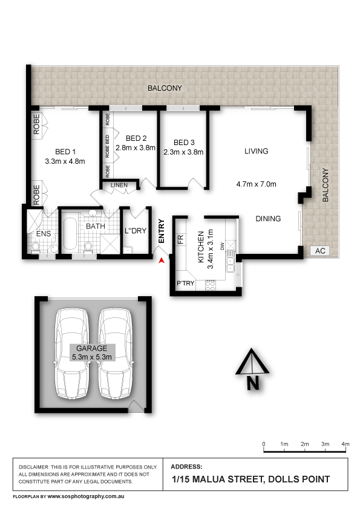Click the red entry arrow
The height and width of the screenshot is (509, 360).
tap(162, 260)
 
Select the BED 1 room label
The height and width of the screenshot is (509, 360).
tap(65, 152)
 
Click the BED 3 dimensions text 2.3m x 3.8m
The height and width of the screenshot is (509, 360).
tap(183, 152)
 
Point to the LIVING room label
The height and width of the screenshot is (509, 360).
tap(256, 151)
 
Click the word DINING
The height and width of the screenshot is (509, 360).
tap(268, 219)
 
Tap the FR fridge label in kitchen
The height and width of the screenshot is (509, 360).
tap(180, 239)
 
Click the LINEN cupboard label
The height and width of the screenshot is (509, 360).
tap(119, 185)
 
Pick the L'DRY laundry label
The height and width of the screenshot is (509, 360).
tap(135, 230)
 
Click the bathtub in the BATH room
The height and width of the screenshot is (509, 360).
tap(68, 236)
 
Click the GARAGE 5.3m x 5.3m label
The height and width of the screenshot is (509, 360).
tap(91, 352)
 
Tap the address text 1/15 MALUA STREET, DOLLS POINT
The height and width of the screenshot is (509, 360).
tap(250, 479)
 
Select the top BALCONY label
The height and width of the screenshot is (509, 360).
tap(165, 88)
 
